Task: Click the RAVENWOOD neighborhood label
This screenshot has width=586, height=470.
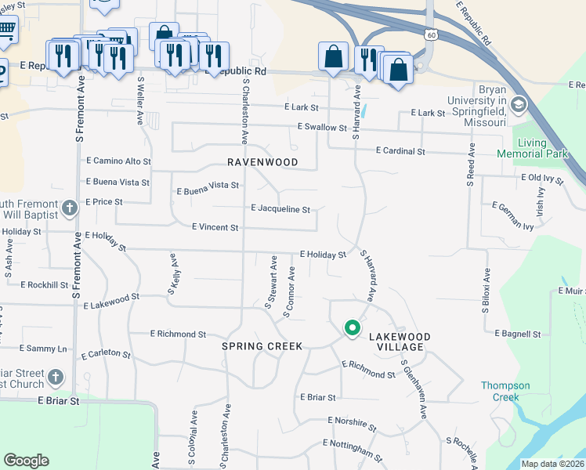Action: [x=262, y=162]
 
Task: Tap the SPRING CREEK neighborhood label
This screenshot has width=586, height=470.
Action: [x=262, y=345]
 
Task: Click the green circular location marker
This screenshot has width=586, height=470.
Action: [x=353, y=328]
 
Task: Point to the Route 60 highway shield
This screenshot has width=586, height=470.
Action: [x=432, y=34]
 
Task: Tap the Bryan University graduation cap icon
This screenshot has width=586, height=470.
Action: [x=518, y=105]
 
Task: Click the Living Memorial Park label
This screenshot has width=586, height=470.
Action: [x=542, y=148]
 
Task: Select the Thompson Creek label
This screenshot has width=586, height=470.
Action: [x=505, y=391]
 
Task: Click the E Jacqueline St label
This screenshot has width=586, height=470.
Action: [x=280, y=209]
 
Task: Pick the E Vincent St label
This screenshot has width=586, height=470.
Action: [x=215, y=227]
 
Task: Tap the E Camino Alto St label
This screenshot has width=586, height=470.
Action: [x=118, y=161]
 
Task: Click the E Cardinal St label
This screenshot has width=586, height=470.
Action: [x=400, y=150]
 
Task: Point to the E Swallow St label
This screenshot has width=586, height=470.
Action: [x=322, y=127]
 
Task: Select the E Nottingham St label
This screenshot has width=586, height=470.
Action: [x=353, y=450]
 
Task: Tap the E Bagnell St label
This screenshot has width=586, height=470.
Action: [x=518, y=334]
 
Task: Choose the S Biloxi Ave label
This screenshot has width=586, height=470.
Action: [x=486, y=291]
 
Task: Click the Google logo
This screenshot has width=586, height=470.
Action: [x=26, y=461]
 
